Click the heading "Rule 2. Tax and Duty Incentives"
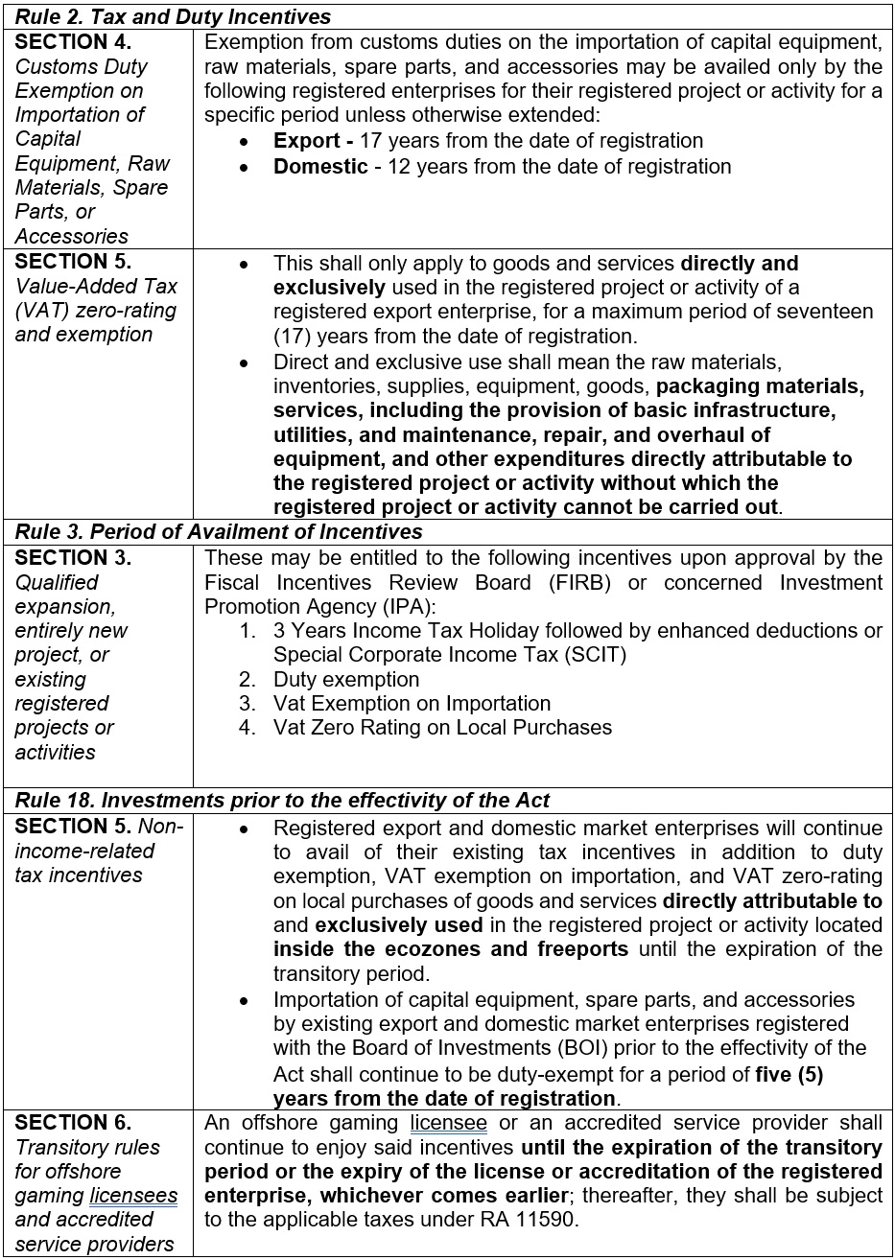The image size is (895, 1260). pyautogui.click(x=173, y=17)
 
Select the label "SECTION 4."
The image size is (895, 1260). pyautogui.click(x=73, y=42)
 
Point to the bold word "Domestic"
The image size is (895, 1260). pyautogui.click(x=320, y=166)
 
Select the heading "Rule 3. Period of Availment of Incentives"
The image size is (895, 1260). pyautogui.click(x=219, y=532)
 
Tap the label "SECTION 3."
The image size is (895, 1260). pyautogui.click(x=73, y=558)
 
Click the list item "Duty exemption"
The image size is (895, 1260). pyautogui.click(x=346, y=680)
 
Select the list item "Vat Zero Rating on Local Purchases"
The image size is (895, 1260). pyautogui.click(x=442, y=728)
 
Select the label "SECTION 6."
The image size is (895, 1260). pyautogui.click(x=73, y=1123)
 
